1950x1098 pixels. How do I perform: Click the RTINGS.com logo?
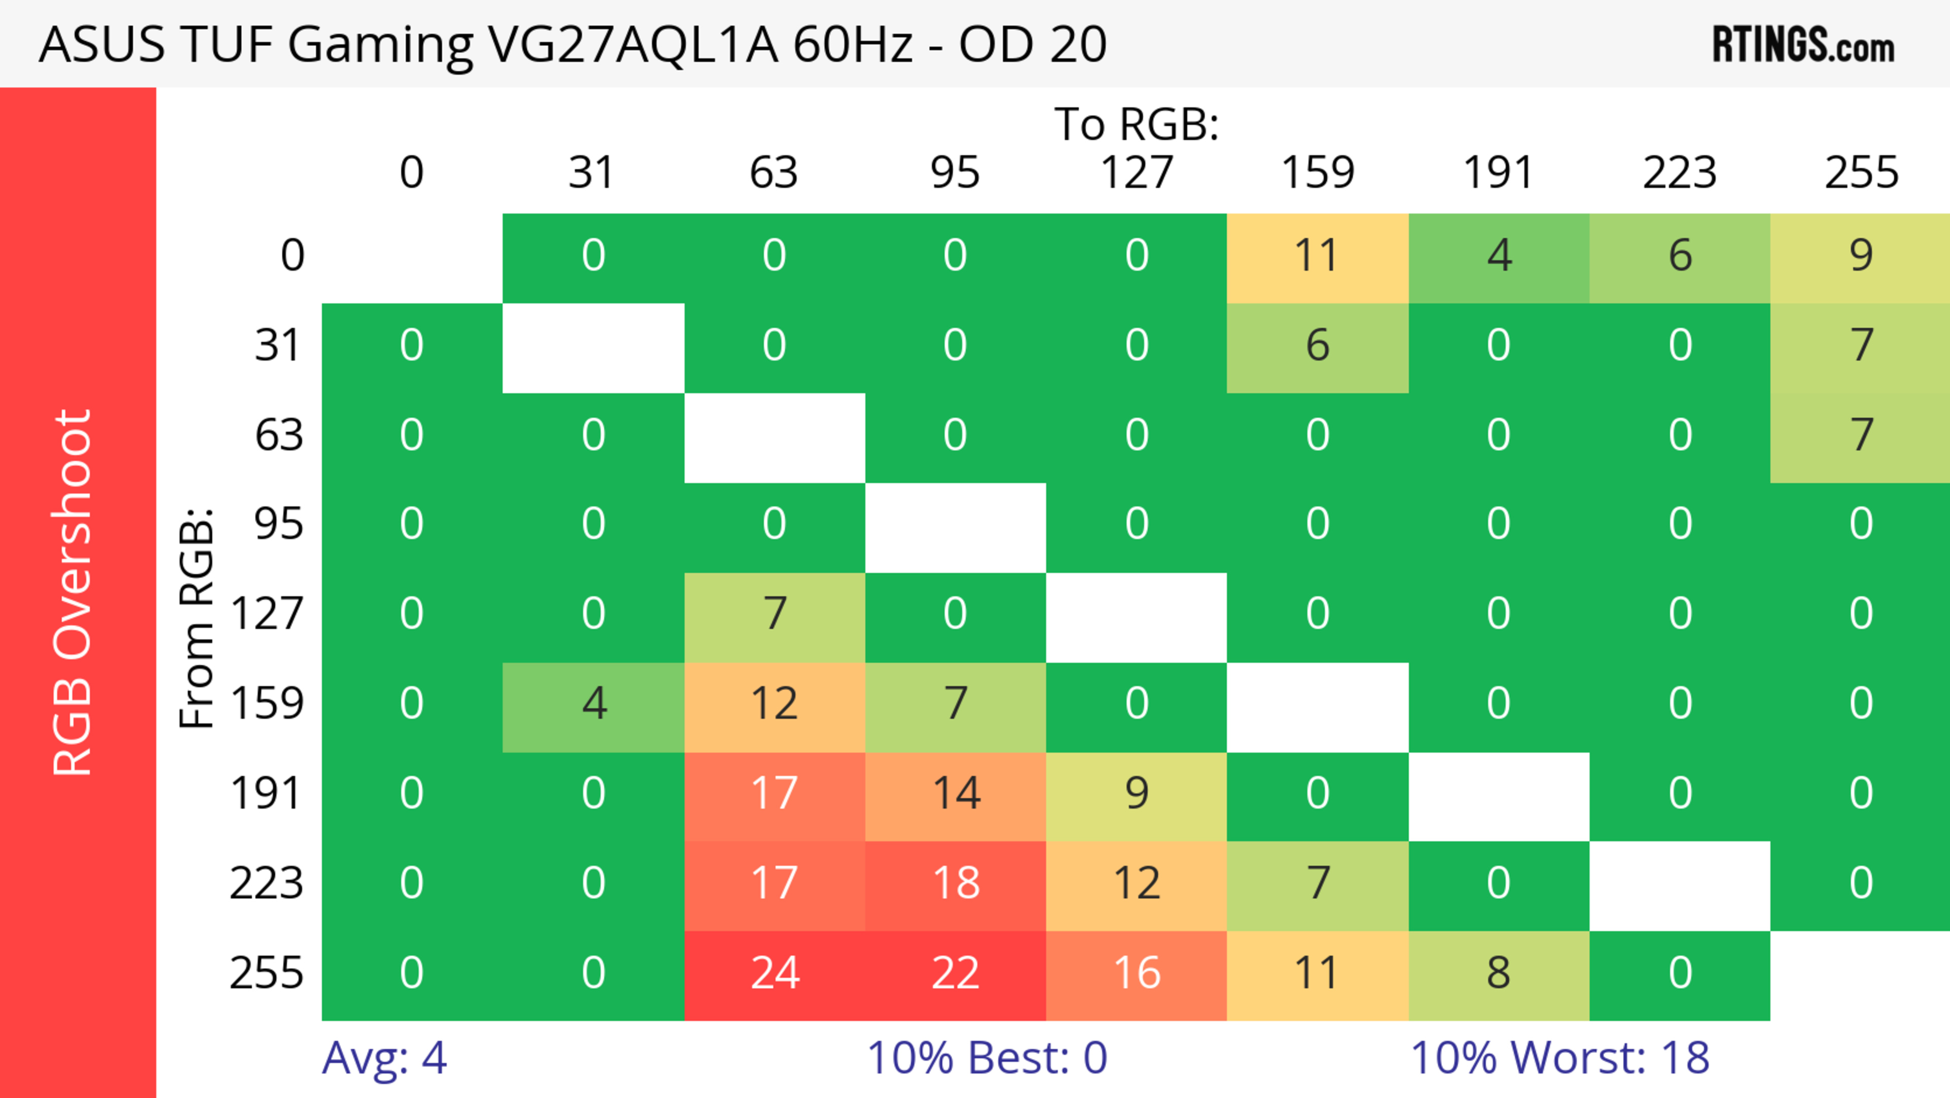point(1803,45)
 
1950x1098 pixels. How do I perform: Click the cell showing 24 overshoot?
point(774,975)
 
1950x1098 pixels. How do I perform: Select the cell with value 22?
point(955,975)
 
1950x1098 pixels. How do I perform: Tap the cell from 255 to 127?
point(1136,975)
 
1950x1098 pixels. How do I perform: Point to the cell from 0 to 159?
point(1317,257)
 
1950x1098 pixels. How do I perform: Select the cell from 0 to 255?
point(1861,257)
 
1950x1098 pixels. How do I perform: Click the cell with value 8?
point(1498,975)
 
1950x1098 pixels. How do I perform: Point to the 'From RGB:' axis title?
point(197,618)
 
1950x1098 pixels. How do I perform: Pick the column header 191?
point(1498,173)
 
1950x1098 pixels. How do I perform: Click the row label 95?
point(279,524)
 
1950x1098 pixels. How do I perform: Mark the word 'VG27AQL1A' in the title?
point(633,45)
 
